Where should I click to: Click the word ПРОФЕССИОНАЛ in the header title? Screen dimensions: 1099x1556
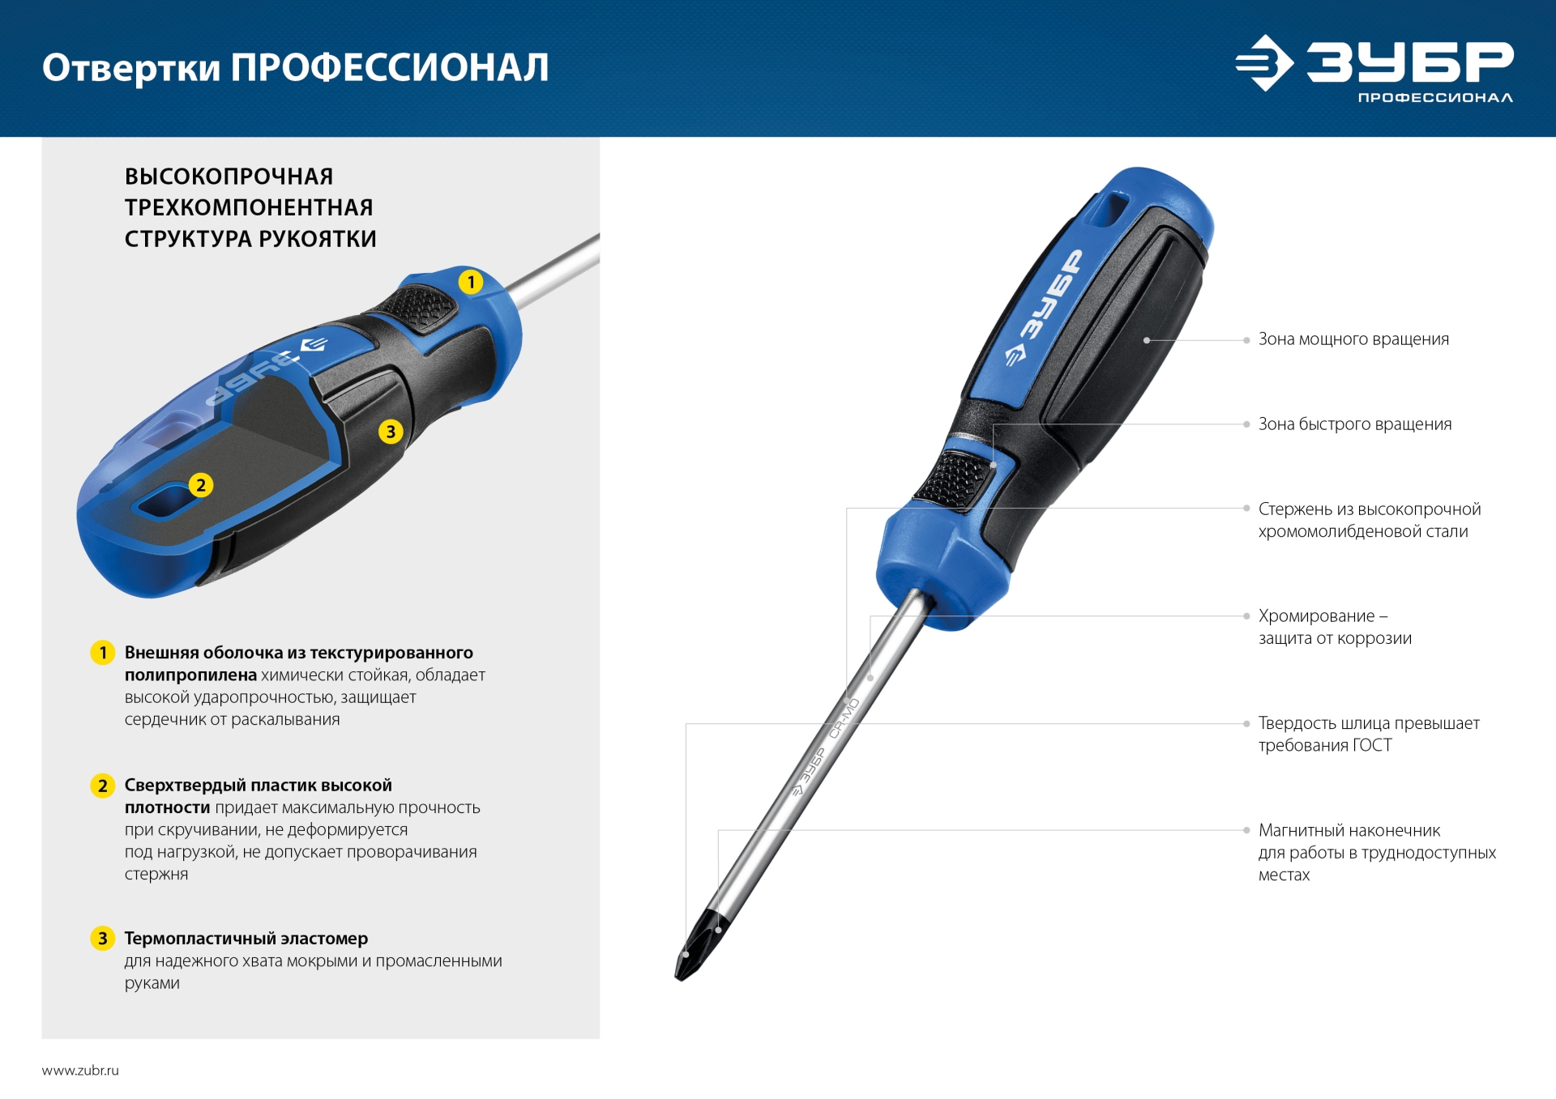(389, 68)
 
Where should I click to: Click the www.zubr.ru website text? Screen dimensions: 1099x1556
(80, 1071)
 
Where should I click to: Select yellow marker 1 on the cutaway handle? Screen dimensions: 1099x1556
(471, 282)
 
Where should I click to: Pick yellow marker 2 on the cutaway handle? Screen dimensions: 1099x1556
(201, 485)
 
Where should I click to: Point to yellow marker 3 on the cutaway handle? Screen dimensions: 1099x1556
(391, 431)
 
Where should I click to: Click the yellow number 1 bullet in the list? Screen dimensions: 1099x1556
(103, 653)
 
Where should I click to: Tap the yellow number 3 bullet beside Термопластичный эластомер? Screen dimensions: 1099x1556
(102, 939)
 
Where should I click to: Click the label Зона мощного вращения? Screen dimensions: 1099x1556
(1353, 339)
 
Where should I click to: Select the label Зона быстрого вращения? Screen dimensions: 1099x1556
(1354, 424)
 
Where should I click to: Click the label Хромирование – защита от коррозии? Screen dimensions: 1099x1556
(1334, 627)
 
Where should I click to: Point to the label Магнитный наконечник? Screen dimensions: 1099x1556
(1349, 831)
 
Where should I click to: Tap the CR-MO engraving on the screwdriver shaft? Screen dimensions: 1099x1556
(844, 718)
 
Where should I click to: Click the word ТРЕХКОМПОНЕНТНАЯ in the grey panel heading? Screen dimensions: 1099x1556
(249, 207)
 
